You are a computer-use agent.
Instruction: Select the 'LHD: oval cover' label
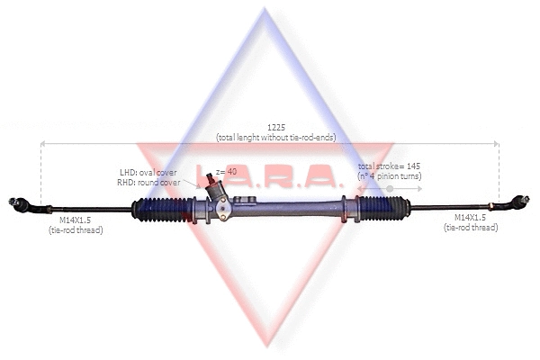point(148,172)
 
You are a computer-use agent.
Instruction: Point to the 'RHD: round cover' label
point(149,182)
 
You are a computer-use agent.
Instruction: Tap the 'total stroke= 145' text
point(389,167)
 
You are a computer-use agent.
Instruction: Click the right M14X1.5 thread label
point(470,218)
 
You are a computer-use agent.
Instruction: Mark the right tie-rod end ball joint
point(519,202)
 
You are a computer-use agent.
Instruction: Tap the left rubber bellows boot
point(161,209)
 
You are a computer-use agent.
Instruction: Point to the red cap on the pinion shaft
point(209,177)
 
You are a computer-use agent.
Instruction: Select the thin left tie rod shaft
point(90,210)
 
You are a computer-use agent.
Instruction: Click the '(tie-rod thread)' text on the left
point(76,230)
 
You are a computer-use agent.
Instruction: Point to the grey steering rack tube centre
point(288,208)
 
